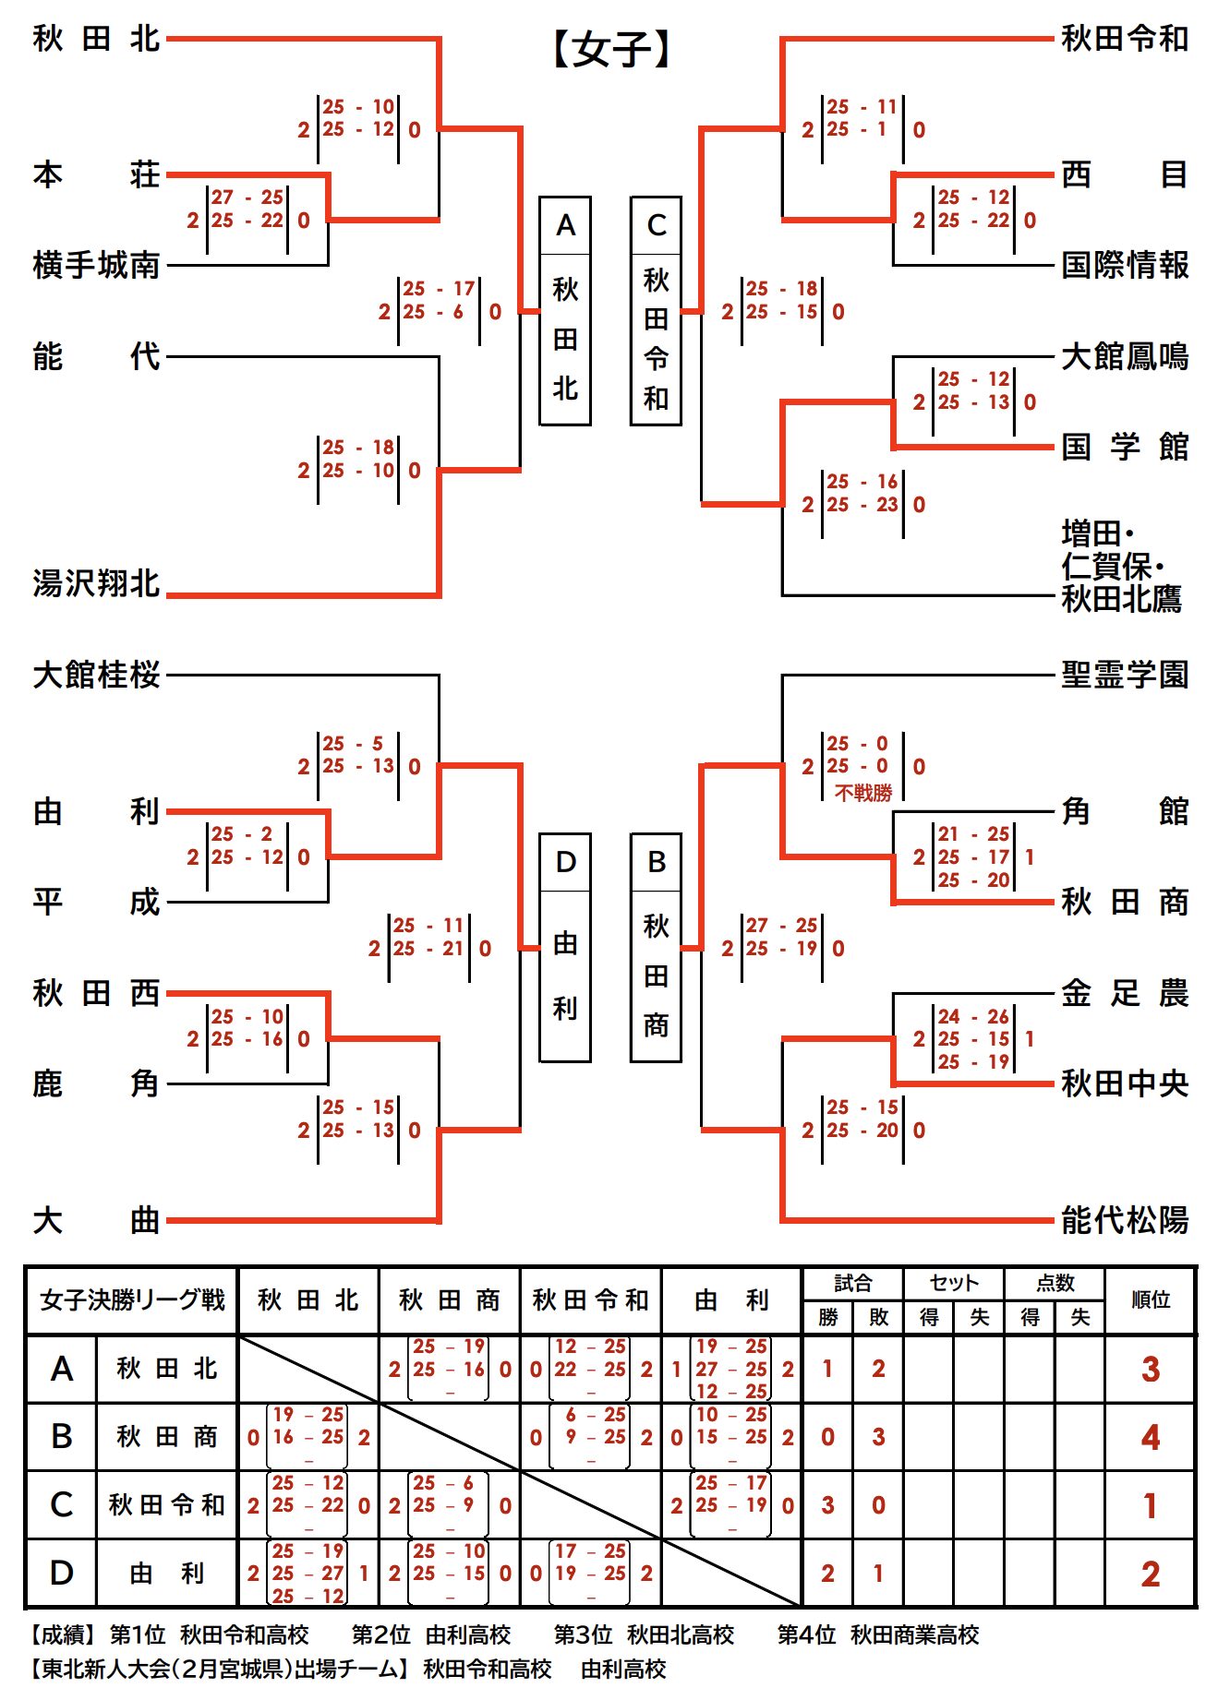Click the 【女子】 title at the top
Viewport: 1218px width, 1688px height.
[x=611, y=49]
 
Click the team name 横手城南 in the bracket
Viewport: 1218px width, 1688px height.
[x=96, y=266]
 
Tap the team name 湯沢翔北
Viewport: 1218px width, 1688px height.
[x=96, y=583]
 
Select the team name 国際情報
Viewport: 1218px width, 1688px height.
[x=1124, y=266]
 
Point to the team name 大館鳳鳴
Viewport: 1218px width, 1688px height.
[x=1124, y=356]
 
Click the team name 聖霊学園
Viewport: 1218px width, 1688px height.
[x=1124, y=675]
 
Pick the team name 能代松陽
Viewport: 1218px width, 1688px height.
[x=1124, y=1220]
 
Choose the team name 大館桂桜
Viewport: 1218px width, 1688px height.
[x=96, y=675]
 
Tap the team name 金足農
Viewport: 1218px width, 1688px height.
[x=1124, y=993]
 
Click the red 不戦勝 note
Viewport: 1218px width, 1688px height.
[x=863, y=793]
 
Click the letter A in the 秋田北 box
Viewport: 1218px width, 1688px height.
[x=565, y=225]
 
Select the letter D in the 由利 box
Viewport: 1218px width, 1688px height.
[x=565, y=862]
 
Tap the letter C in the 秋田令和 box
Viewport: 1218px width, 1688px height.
[x=656, y=225]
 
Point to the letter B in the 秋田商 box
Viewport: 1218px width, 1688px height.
[x=656, y=862]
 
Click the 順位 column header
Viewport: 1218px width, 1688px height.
[x=1150, y=1299]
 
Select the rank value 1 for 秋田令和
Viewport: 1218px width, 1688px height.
[x=1150, y=1506]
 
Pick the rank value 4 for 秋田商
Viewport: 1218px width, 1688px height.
[x=1150, y=1437]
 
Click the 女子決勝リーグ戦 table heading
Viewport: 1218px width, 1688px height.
[x=132, y=1299]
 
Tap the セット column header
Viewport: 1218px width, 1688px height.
[x=954, y=1283]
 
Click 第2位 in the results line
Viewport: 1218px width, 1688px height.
[x=380, y=1634]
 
